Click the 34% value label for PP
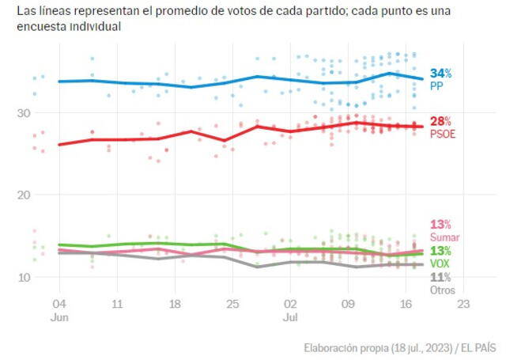pos(440,74)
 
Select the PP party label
pos(436,85)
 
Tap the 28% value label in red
pos(440,121)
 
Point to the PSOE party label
pos(442,133)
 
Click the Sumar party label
pos(444,237)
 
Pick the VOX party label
pos(440,263)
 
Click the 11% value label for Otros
pos(440,277)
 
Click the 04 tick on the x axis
pos(59,304)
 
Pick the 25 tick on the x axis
pos(232,304)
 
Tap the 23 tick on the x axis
pos(464,304)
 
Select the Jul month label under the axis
pos(290,316)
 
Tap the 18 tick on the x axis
pos(174,304)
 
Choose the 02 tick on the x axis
pos(290,304)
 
